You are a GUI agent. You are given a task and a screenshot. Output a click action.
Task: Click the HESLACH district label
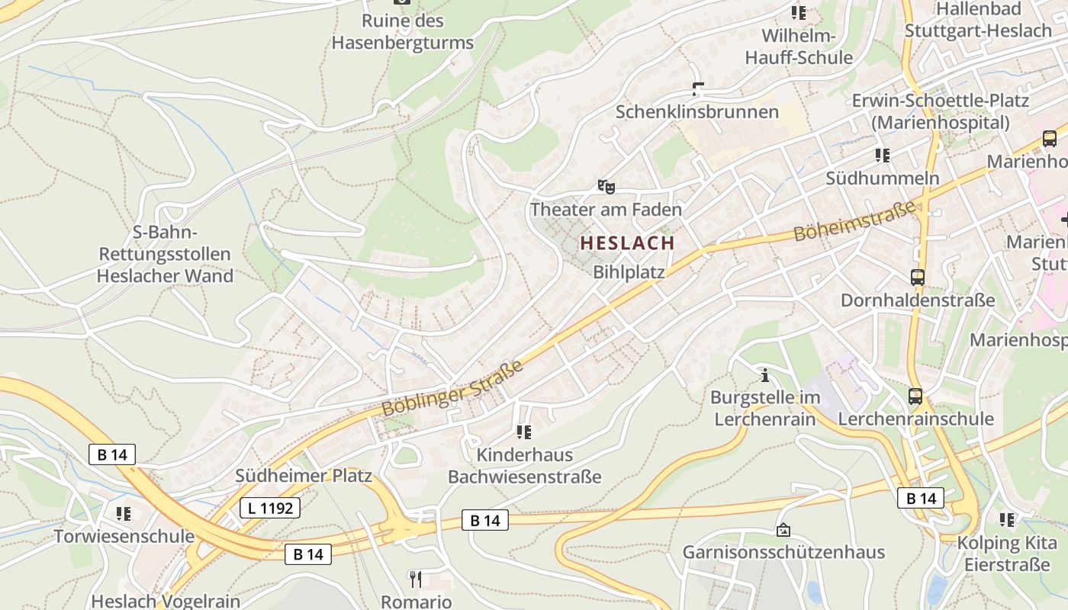(627, 243)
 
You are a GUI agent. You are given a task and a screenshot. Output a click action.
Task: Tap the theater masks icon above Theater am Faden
(606, 186)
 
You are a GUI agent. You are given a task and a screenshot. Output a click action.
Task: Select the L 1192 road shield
(270, 507)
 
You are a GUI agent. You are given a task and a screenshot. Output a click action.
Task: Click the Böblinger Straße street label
(452, 388)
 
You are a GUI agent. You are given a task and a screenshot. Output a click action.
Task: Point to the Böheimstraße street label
(854, 220)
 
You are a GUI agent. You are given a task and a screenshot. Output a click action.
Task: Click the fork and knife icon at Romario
(416, 579)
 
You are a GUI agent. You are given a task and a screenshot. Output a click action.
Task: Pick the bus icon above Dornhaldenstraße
(918, 278)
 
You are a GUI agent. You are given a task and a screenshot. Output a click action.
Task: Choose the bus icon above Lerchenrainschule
(915, 396)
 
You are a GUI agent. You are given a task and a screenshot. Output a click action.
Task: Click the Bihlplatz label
(629, 271)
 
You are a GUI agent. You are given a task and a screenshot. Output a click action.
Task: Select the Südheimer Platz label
(304, 476)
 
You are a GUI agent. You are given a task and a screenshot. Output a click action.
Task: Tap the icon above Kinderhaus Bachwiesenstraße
(524, 432)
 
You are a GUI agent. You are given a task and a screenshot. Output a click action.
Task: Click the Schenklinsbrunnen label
(696, 112)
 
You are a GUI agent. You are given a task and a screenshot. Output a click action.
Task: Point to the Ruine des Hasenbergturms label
(403, 32)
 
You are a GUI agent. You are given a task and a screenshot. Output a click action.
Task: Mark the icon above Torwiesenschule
(123, 513)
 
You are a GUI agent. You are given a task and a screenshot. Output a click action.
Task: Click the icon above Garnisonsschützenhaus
(783, 529)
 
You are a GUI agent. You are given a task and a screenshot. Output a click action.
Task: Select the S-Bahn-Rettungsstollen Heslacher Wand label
(165, 254)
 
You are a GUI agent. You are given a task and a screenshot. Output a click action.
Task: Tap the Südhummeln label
(882, 178)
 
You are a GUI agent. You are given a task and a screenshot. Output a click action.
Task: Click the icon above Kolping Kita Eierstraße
(1007, 520)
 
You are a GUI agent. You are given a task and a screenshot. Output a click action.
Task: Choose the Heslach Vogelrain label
(166, 601)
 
